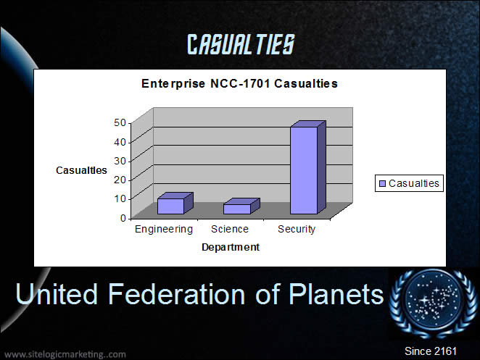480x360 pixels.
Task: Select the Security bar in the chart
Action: (307, 167)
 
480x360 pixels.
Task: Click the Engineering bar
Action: (175, 204)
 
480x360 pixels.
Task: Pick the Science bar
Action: (241, 206)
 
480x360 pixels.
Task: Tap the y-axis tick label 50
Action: (120, 122)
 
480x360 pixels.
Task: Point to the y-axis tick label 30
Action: (120, 161)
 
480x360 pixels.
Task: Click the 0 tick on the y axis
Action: (123, 218)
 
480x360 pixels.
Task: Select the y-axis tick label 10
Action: (120, 198)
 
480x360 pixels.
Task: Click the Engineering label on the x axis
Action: (164, 230)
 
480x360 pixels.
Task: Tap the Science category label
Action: (230, 229)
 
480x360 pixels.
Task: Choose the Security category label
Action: (297, 230)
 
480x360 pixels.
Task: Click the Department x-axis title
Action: (231, 247)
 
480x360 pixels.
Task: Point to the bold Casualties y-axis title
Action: (81, 170)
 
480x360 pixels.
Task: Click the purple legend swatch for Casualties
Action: (382, 183)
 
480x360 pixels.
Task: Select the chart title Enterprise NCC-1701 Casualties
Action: (239, 83)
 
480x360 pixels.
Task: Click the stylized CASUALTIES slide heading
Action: (241, 44)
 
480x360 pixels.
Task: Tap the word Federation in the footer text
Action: (177, 294)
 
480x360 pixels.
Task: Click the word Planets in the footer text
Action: (336, 294)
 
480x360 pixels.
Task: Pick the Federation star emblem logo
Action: (433, 303)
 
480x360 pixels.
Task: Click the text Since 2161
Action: (431, 351)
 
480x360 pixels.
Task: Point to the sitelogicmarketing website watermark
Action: (65, 354)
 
